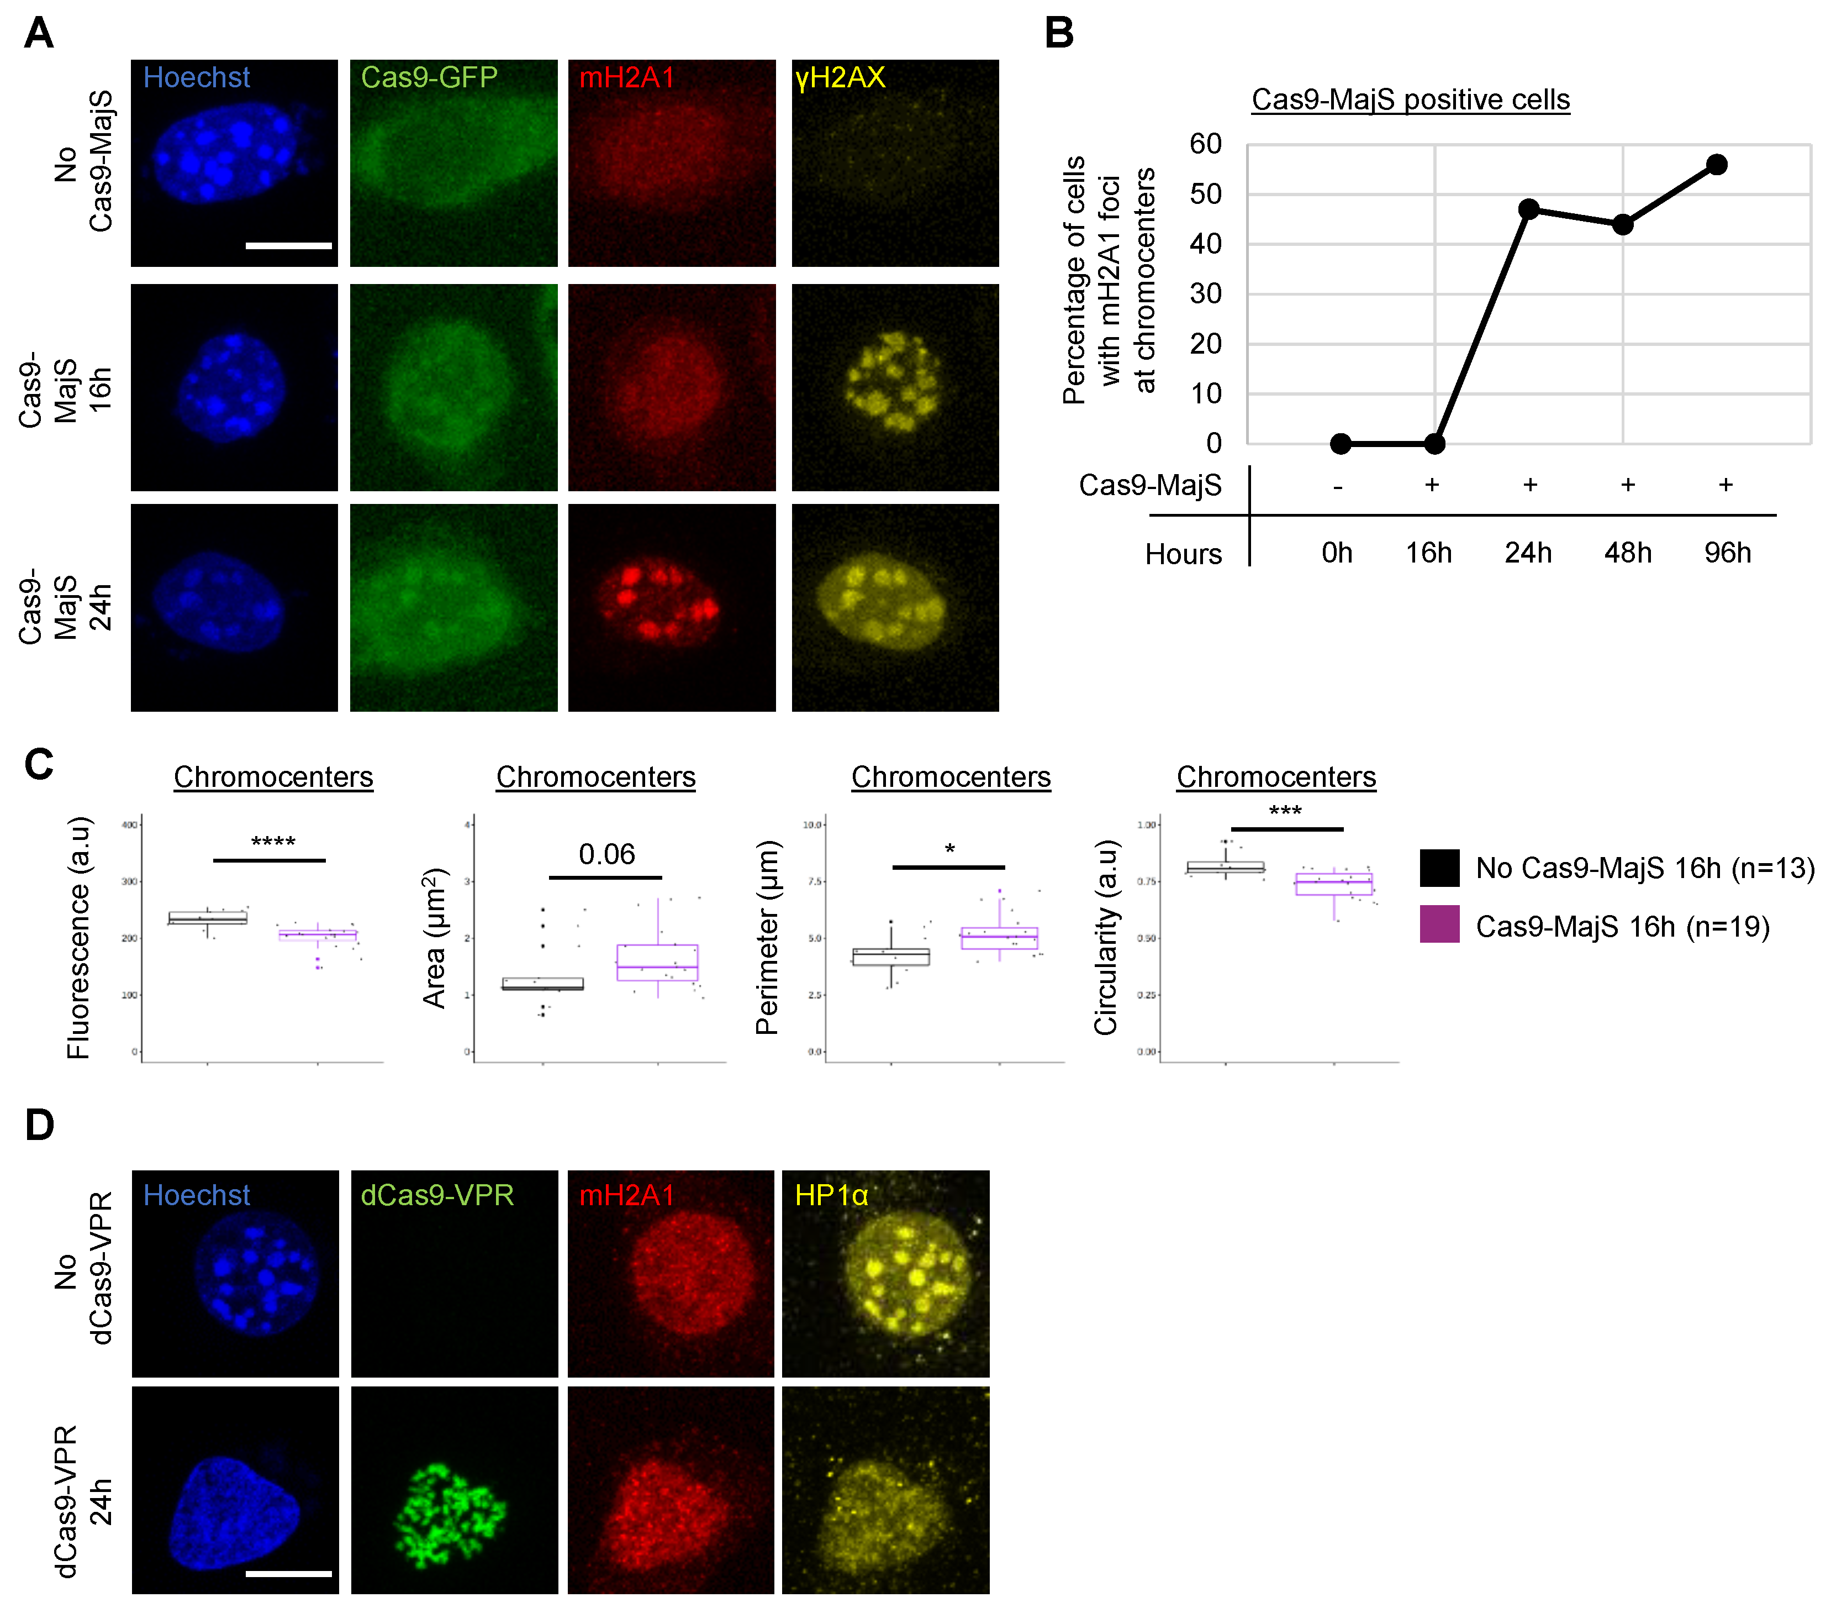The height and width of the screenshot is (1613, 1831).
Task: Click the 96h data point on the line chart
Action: click(x=1716, y=164)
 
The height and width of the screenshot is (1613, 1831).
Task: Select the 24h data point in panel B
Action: click(x=1529, y=209)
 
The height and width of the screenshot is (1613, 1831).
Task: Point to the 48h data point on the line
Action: click(x=1622, y=224)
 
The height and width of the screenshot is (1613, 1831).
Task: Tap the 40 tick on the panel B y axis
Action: click(x=1206, y=244)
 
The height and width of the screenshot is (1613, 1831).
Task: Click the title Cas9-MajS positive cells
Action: click(x=1410, y=99)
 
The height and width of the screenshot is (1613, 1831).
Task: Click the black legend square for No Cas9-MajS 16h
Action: click(x=1439, y=868)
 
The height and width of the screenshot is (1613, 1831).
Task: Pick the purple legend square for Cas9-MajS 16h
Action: click(x=1439, y=924)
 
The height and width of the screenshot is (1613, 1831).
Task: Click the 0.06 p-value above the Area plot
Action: click(x=606, y=854)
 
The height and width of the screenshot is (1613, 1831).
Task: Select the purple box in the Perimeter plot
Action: click(x=999, y=938)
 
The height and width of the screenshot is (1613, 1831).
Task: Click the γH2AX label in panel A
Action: click(x=840, y=78)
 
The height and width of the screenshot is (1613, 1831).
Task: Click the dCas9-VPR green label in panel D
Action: click(x=436, y=1195)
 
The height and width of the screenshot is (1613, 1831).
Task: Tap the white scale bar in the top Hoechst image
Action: click(x=288, y=245)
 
